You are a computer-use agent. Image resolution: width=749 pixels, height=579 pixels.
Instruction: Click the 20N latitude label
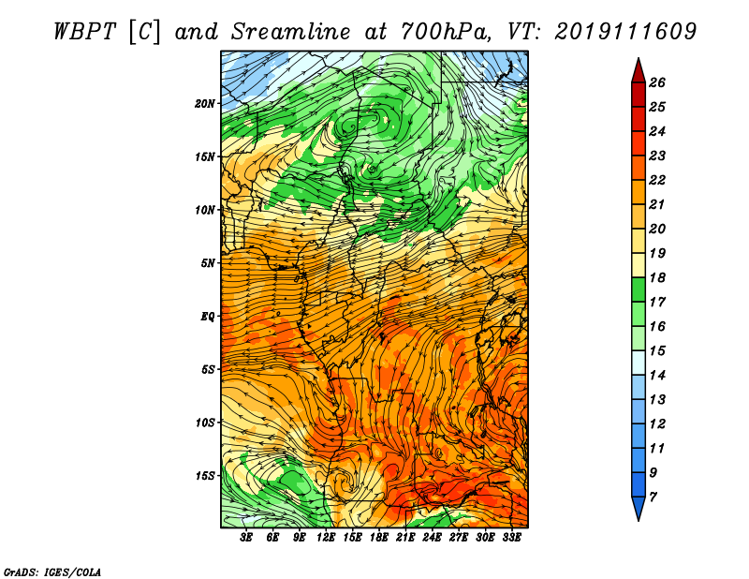point(205,104)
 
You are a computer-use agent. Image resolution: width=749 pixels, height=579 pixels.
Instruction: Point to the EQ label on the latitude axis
point(208,317)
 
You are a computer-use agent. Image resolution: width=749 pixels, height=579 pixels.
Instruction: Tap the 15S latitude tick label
point(205,476)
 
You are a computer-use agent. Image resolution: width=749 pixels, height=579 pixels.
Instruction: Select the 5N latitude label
point(208,263)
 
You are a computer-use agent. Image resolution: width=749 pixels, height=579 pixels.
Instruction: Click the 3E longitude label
point(246,538)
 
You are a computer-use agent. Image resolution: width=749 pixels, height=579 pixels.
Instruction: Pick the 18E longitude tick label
point(379,538)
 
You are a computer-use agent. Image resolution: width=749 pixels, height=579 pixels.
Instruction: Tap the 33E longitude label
point(511,538)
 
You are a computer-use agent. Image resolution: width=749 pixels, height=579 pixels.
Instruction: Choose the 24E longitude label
point(432,538)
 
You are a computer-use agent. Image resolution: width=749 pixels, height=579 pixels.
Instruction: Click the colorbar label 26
point(657,82)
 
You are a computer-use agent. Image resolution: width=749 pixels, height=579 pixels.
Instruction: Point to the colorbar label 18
point(657,277)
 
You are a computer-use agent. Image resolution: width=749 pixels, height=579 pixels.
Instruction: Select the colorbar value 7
point(653,497)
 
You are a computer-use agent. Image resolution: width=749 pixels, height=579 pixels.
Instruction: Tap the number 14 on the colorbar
point(657,376)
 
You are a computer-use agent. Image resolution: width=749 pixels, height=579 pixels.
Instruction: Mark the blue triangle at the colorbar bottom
point(639,508)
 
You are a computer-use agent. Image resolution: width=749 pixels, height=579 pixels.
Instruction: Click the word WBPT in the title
point(84,32)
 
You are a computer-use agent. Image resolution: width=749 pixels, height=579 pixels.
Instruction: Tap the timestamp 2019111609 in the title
point(625,32)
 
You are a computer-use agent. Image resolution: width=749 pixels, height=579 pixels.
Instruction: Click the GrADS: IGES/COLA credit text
point(52,572)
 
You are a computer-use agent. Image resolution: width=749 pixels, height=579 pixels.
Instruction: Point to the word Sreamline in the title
point(291,32)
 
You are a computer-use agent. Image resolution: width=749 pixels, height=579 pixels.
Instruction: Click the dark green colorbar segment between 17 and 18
point(639,289)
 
